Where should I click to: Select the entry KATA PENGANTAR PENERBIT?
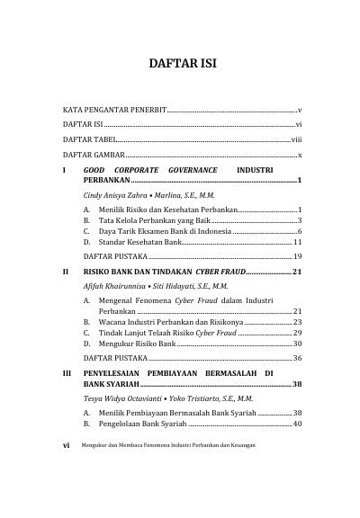pos(113,109)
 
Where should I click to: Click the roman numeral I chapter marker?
pos(62,169)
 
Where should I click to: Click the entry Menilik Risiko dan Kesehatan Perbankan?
pos(161,209)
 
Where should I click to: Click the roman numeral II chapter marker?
pos(63,271)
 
